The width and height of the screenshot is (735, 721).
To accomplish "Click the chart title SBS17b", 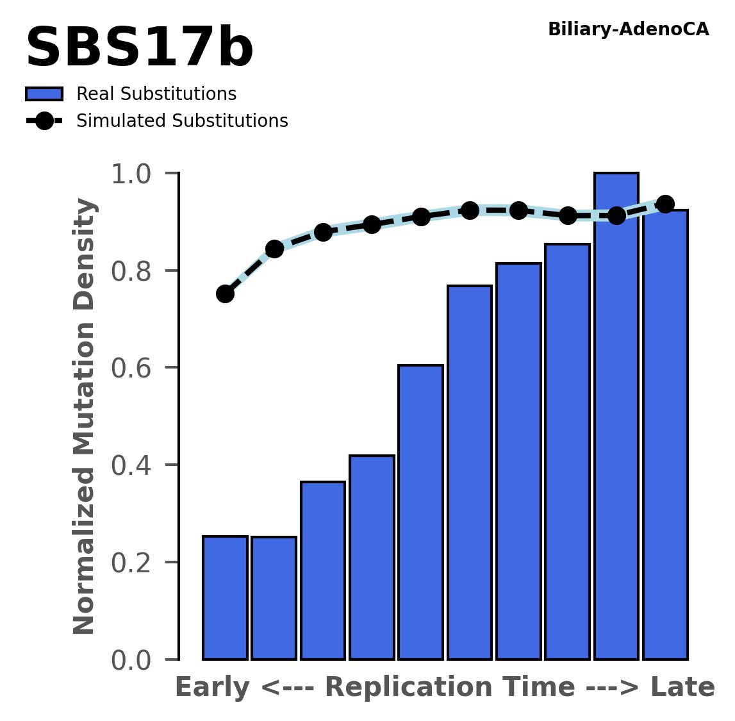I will tap(139, 49).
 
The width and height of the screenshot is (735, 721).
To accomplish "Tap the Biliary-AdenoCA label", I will tap(628, 29).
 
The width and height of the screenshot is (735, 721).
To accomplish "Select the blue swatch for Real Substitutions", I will tap(44, 94).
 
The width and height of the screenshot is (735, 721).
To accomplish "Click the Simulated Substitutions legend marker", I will tap(44, 121).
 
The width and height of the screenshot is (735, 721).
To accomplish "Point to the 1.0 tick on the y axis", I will tap(135, 174).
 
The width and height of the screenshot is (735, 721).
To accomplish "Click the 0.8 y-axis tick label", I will tap(135, 272).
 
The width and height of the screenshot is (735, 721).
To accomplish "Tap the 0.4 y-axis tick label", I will tap(135, 466).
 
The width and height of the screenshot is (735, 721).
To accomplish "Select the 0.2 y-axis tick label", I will tap(135, 563).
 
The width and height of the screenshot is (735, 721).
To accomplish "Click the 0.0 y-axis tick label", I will tap(135, 660).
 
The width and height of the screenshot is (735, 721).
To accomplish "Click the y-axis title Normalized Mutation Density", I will tap(85, 417).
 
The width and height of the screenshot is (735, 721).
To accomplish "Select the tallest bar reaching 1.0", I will tap(616, 417).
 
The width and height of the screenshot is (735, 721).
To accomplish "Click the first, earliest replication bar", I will tap(225, 597).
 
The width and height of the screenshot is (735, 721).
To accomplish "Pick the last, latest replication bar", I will tap(665, 435).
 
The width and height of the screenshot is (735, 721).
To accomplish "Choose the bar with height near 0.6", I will tap(420, 512).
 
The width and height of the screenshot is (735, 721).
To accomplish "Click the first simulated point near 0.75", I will tap(225, 294).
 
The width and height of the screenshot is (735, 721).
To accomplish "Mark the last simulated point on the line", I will tap(665, 204).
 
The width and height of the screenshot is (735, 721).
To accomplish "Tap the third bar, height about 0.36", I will tap(323, 570).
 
